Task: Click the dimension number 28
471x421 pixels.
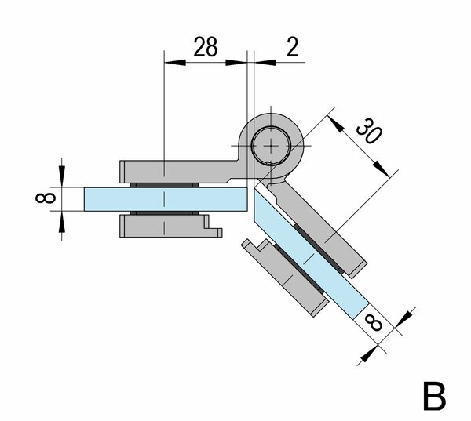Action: tap(205, 48)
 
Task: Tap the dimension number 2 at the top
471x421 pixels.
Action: tap(291, 48)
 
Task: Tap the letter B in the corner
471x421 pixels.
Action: tap(435, 396)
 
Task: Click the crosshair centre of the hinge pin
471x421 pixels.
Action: tap(271, 145)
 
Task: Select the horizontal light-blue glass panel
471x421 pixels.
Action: tap(165, 199)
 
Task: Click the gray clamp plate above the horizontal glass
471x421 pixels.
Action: tap(173, 171)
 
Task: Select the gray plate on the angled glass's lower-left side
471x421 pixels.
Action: tap(287, 274)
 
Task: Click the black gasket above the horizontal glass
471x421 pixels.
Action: tap(165, 184)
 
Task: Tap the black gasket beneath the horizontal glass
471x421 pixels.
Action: tap(165, 213)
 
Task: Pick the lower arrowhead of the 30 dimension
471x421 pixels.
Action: tap(382, 170)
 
